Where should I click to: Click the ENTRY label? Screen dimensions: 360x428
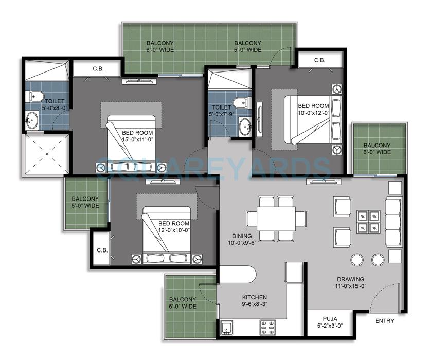coord(384,321)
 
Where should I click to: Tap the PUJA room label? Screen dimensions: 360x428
coord(330,322)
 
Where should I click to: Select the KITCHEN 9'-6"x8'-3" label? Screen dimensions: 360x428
coord(255,301)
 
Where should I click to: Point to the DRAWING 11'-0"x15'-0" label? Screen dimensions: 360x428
coord(350,283)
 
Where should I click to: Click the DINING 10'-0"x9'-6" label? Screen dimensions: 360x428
coord(242,239)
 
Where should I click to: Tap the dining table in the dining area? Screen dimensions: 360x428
coord(276,219)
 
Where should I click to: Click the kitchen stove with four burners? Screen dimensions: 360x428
coord(268,326)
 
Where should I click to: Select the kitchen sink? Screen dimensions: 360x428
coord(226,327)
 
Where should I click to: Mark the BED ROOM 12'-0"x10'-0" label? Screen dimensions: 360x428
coord(174,227)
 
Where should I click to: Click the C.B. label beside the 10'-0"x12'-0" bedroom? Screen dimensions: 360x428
coord(319,60)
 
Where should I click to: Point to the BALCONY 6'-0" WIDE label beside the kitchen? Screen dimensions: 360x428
coord(183,303)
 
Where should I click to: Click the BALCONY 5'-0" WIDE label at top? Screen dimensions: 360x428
coord(247,46)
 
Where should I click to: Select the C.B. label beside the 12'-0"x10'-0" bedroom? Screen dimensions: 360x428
coord(101,250)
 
